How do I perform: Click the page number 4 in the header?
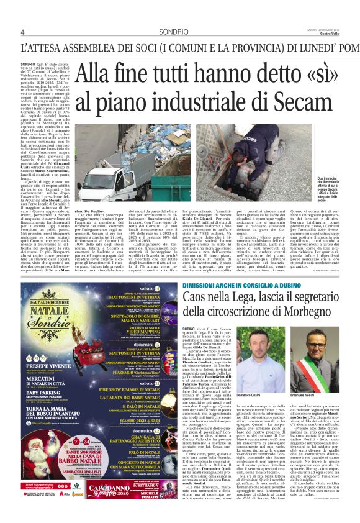point(22,32)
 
